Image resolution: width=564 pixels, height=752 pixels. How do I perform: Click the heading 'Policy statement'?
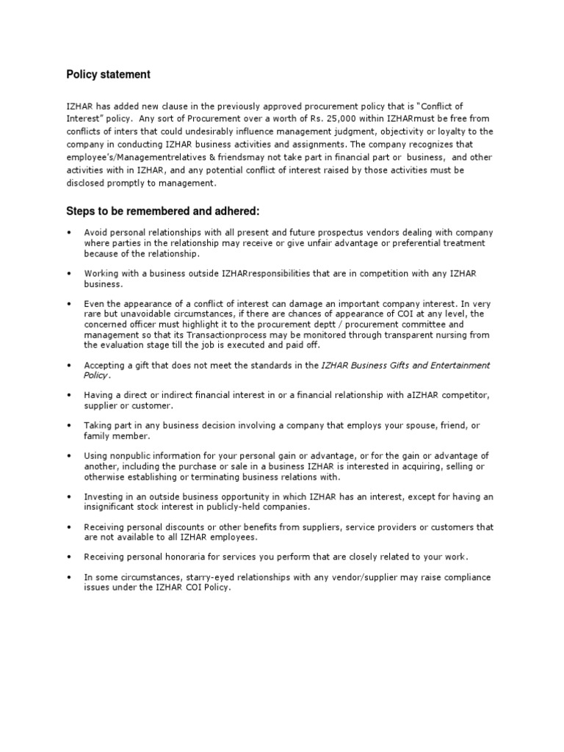click(x=109, y=74)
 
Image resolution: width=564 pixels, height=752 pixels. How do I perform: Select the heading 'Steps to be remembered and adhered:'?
click(x=163, y=211)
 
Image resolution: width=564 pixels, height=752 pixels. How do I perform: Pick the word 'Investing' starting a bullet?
click(x=104, y=496)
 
